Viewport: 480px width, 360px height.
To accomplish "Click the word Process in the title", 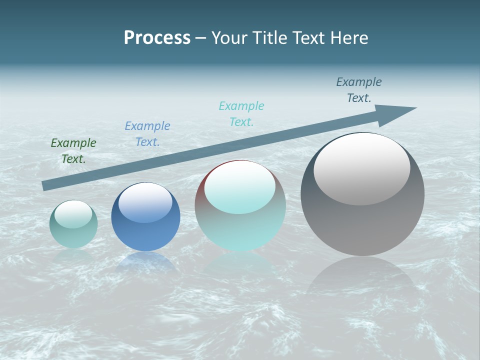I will (x=157, y=38).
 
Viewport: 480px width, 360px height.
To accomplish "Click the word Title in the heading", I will (x=268, y=38).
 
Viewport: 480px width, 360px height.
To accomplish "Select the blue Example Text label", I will (x=147, y=134).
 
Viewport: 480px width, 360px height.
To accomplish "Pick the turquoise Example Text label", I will (x=241, y=114).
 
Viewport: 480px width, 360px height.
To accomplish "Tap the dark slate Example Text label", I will (x=359, y=90).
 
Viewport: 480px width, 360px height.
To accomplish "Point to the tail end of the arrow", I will (x=46, y=185).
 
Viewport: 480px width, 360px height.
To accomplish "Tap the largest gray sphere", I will (x=362, y=225).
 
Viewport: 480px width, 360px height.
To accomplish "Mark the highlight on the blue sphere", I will (x=145, y=202).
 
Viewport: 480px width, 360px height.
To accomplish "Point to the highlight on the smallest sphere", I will (x=73, y=214).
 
